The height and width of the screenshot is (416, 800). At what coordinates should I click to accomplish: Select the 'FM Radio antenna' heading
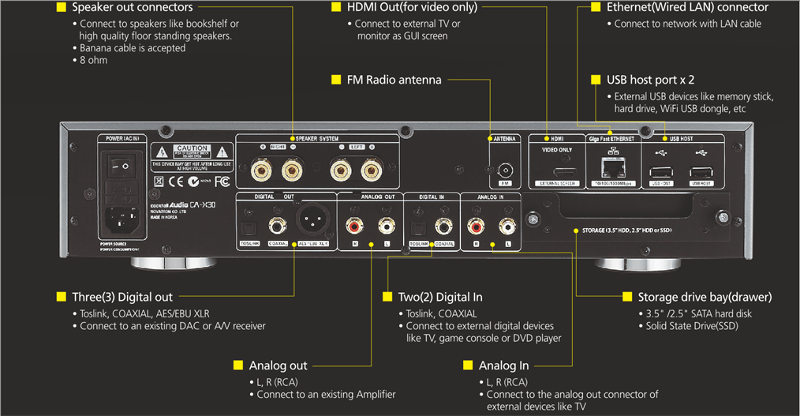tap(394, 80)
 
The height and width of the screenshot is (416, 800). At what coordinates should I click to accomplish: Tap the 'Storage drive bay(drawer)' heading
tap(705, 297)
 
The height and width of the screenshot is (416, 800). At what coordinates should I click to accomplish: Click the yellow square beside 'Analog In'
tap(469, 365)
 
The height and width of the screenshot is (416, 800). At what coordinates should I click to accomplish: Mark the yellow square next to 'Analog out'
tap(238, 365)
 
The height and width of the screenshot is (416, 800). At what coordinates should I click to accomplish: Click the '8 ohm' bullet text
tap(93, 60)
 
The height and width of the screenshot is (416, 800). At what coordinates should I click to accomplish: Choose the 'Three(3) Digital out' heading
tap(122, 297)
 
